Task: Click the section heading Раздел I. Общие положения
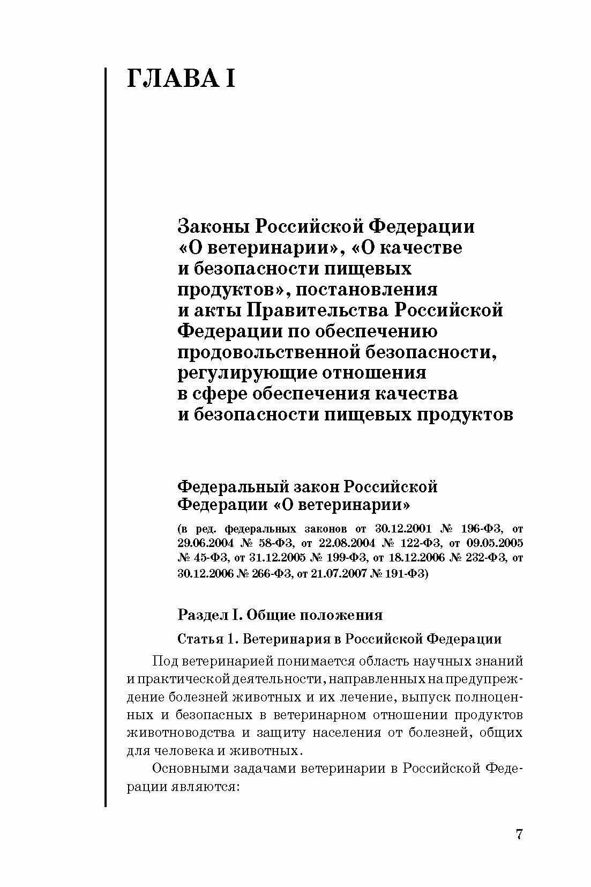click(280, 615)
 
